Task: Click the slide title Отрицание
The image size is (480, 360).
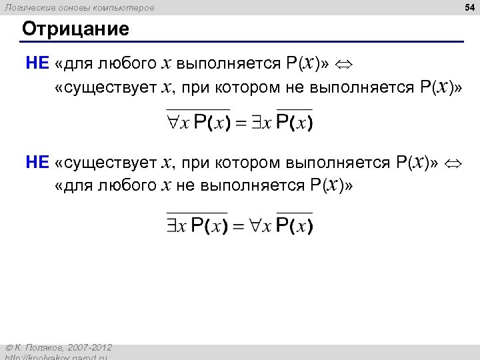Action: (x=75, y=29)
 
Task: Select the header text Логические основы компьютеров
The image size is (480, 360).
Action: (x=79, y=7)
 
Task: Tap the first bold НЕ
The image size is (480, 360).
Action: (x=37, y=63)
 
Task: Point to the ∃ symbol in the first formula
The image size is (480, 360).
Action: (x=257, y=123)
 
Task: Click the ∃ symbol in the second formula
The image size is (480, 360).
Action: (x=173, y=226)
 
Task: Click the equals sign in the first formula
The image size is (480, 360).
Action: (x=241, y=124)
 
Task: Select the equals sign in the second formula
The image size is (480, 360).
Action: (x=241, y=227)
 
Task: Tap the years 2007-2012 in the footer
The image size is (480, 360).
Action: (x=91, y=348)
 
